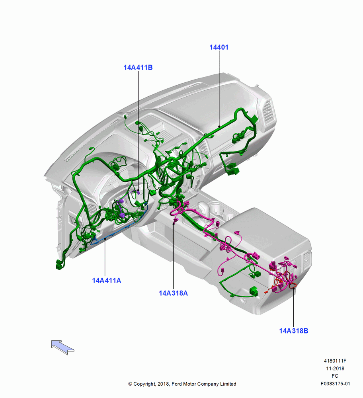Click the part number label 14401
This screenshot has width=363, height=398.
pos(219,47)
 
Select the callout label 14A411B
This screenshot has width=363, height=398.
pos(138,68)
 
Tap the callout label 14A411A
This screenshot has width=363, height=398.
pos(107,281)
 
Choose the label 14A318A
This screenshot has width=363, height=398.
pos(174,293)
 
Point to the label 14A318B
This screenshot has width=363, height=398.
pos(294,331)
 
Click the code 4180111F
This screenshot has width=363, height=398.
pos(335,361)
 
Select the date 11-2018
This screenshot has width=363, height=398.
pos(335,369)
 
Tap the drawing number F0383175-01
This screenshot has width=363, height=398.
pos(335,384)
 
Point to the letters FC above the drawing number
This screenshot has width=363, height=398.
pos(335,376)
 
